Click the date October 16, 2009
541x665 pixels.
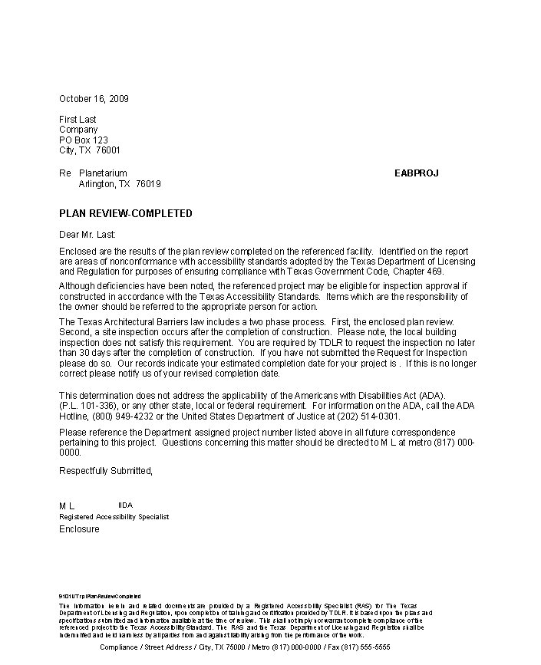point(94,99)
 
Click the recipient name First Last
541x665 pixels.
point(78,120)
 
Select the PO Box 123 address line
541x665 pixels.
point(84,140)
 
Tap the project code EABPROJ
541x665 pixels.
point(416,173)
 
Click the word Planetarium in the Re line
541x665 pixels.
point(103,173)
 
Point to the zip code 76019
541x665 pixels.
point(148,184)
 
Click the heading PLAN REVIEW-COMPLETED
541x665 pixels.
point(126,213)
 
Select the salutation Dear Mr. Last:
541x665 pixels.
point(87,235)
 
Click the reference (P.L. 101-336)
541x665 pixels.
point(87,406)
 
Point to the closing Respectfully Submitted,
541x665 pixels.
point(106,470)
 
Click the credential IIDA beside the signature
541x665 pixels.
point(125,505)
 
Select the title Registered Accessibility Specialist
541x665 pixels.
point(114,517)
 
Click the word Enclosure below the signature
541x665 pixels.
point(79,529)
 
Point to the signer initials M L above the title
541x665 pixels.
point(67,506)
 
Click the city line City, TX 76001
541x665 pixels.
point(90,150)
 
